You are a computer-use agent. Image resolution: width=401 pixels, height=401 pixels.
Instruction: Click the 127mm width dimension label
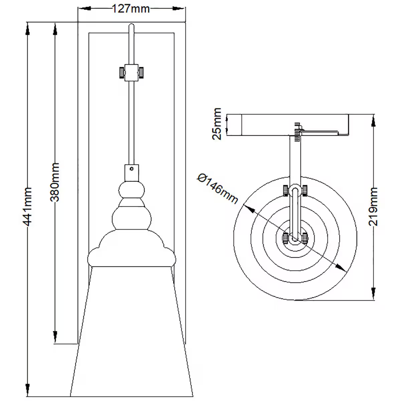click(130, 8)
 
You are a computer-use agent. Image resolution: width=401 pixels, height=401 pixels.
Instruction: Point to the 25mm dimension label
click(217, 124)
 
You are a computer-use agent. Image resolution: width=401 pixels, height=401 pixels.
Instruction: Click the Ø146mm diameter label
click(218, 188)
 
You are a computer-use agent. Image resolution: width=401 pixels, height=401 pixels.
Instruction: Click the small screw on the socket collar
click(132, 169)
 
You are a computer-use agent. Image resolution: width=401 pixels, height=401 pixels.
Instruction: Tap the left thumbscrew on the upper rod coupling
click(121, 72)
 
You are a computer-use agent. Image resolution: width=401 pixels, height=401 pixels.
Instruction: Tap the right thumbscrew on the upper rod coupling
click(142, 72)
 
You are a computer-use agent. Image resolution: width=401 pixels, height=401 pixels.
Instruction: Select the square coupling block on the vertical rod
click(131, 72)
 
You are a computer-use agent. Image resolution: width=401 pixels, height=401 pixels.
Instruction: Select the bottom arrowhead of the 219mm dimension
click(373, 292)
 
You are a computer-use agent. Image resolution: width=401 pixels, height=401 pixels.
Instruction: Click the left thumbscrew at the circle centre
click(285, 238)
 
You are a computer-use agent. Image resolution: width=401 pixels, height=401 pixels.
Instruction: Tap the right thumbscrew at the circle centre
click(305, 238)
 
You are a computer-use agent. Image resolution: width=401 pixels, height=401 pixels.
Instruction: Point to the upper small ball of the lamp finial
click(132, 190)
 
